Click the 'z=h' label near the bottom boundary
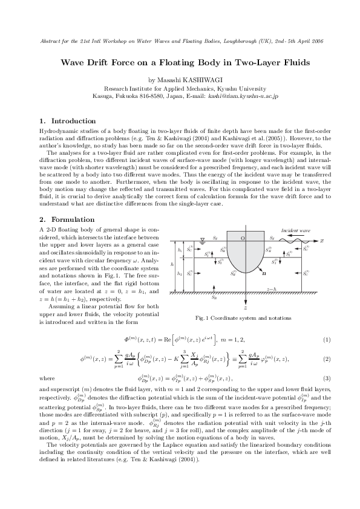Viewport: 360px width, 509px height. (x=273, y=289)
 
